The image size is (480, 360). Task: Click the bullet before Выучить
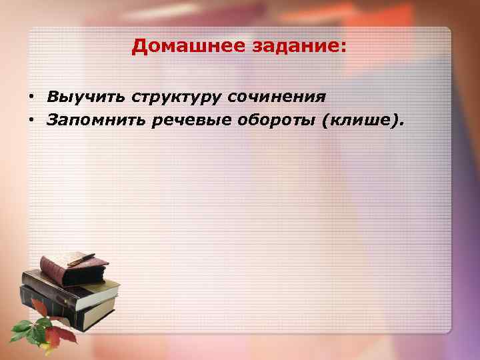[31, 98]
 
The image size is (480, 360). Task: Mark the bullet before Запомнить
[31, 121]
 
